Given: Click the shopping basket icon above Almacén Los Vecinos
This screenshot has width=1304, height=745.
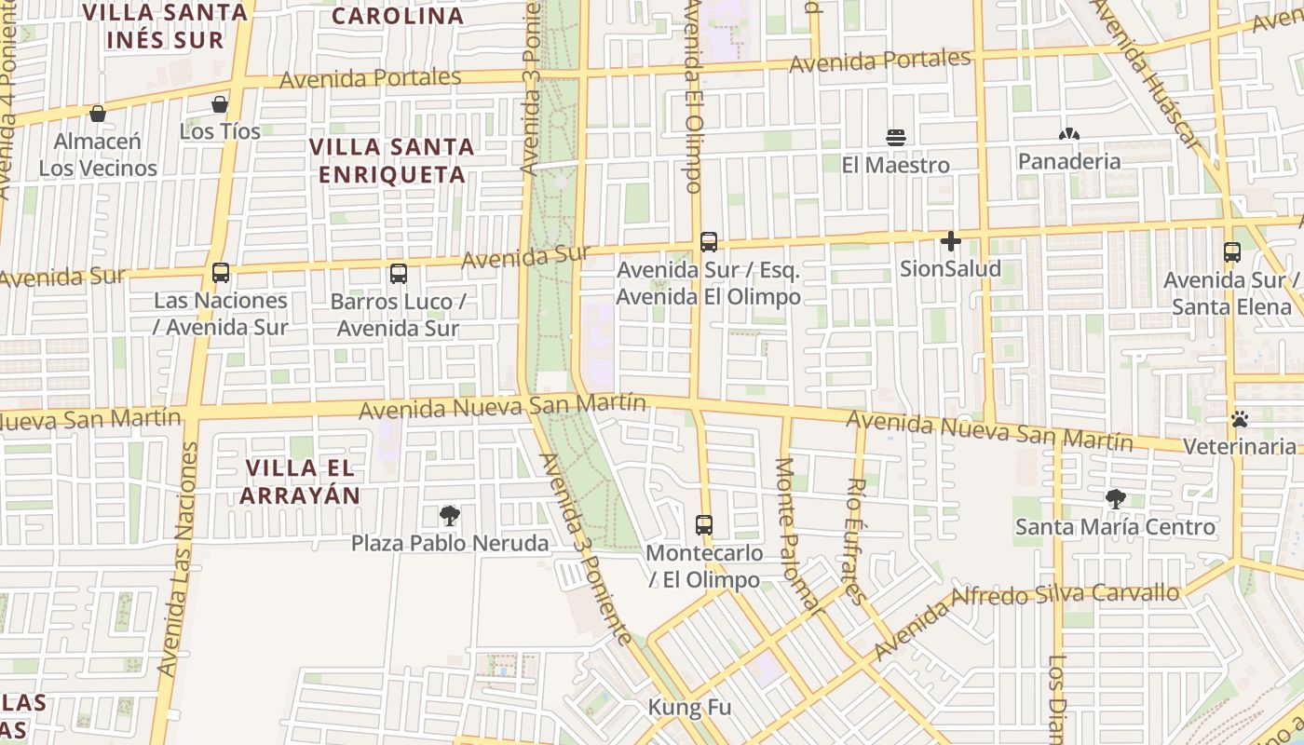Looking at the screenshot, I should tap(97, 114).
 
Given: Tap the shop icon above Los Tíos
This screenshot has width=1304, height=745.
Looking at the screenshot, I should tap(220, 103).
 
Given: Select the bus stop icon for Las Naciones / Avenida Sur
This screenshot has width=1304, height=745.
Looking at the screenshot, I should tap(221, 273).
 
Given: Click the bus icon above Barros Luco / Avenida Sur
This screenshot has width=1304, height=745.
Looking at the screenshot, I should tap(399, 274).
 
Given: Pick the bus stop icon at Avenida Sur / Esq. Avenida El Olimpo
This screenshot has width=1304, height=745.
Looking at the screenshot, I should tap(709, 242).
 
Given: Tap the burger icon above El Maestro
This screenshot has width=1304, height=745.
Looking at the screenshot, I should tap(896, 138).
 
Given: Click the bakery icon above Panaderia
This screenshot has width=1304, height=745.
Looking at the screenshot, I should tap(1068, 134).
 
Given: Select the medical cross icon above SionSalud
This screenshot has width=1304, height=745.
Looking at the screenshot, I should tap(950, 242).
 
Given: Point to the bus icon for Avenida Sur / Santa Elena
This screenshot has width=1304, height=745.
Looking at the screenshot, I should tap(1232, 252).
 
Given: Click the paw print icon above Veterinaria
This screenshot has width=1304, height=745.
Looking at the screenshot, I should tap(1239, 419).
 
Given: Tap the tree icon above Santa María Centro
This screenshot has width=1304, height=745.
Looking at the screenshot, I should tap(1115, 499).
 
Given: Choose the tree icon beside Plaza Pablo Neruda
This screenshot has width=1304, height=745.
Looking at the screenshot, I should tap(450, 516).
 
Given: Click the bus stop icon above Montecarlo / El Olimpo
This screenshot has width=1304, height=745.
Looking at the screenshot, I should tap(704, 525).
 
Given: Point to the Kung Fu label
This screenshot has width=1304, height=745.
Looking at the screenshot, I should tap(689, 708).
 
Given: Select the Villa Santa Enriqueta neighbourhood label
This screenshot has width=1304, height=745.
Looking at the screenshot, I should tap(392, 160).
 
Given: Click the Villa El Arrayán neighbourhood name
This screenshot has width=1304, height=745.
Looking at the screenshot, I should tap(300, 481).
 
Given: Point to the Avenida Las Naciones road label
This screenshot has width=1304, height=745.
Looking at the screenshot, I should tap(177, 559).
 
